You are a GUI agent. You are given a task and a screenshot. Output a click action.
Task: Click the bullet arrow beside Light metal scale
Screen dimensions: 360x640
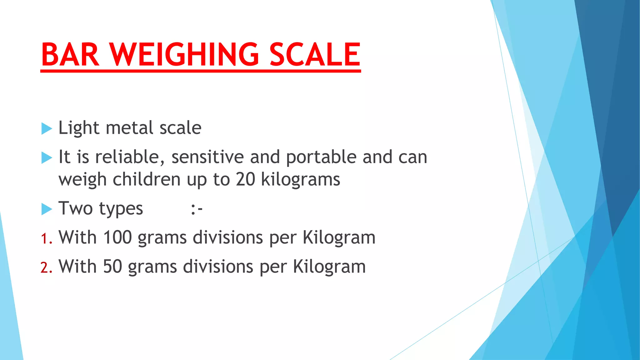point(47,128)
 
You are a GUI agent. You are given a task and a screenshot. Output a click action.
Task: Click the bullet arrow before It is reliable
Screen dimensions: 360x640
point(47,158)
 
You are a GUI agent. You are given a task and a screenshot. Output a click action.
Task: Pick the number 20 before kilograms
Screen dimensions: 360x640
point(246,179)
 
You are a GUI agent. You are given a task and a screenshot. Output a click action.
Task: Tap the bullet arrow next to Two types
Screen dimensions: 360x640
point(47,209)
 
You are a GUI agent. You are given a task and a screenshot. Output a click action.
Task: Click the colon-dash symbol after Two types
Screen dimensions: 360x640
point(197,209)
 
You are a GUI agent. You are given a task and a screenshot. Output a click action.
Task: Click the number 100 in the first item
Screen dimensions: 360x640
point(117,237)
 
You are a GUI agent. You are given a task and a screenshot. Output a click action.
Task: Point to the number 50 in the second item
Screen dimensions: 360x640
point(112,267)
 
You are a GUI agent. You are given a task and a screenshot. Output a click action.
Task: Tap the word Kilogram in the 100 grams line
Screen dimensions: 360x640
point(339,237)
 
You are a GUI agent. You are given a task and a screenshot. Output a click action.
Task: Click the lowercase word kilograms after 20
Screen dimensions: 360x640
point(301,179)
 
